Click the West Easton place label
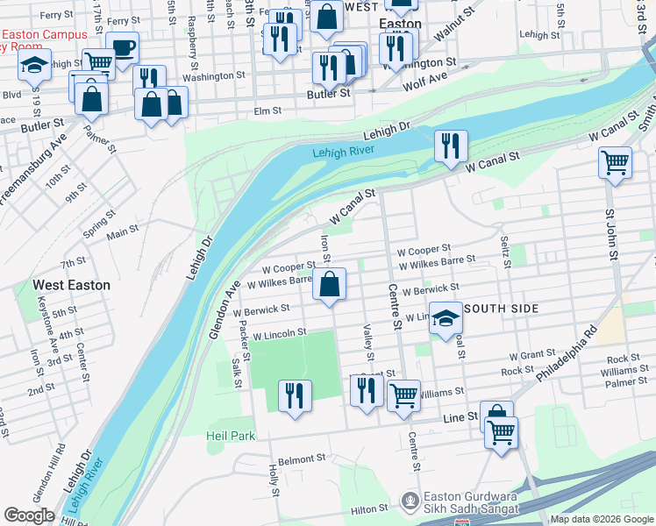coord(72,285)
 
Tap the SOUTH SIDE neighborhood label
coord(500,309)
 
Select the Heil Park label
coord(230,436)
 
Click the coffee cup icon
coord(122,48)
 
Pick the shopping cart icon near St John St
coord(615,162)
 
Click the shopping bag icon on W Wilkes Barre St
coord(329,285)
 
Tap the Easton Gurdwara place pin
coord(409,501)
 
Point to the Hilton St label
coord(369,508)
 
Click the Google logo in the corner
coord(29,515)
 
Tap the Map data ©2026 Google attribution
coord(601,520)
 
